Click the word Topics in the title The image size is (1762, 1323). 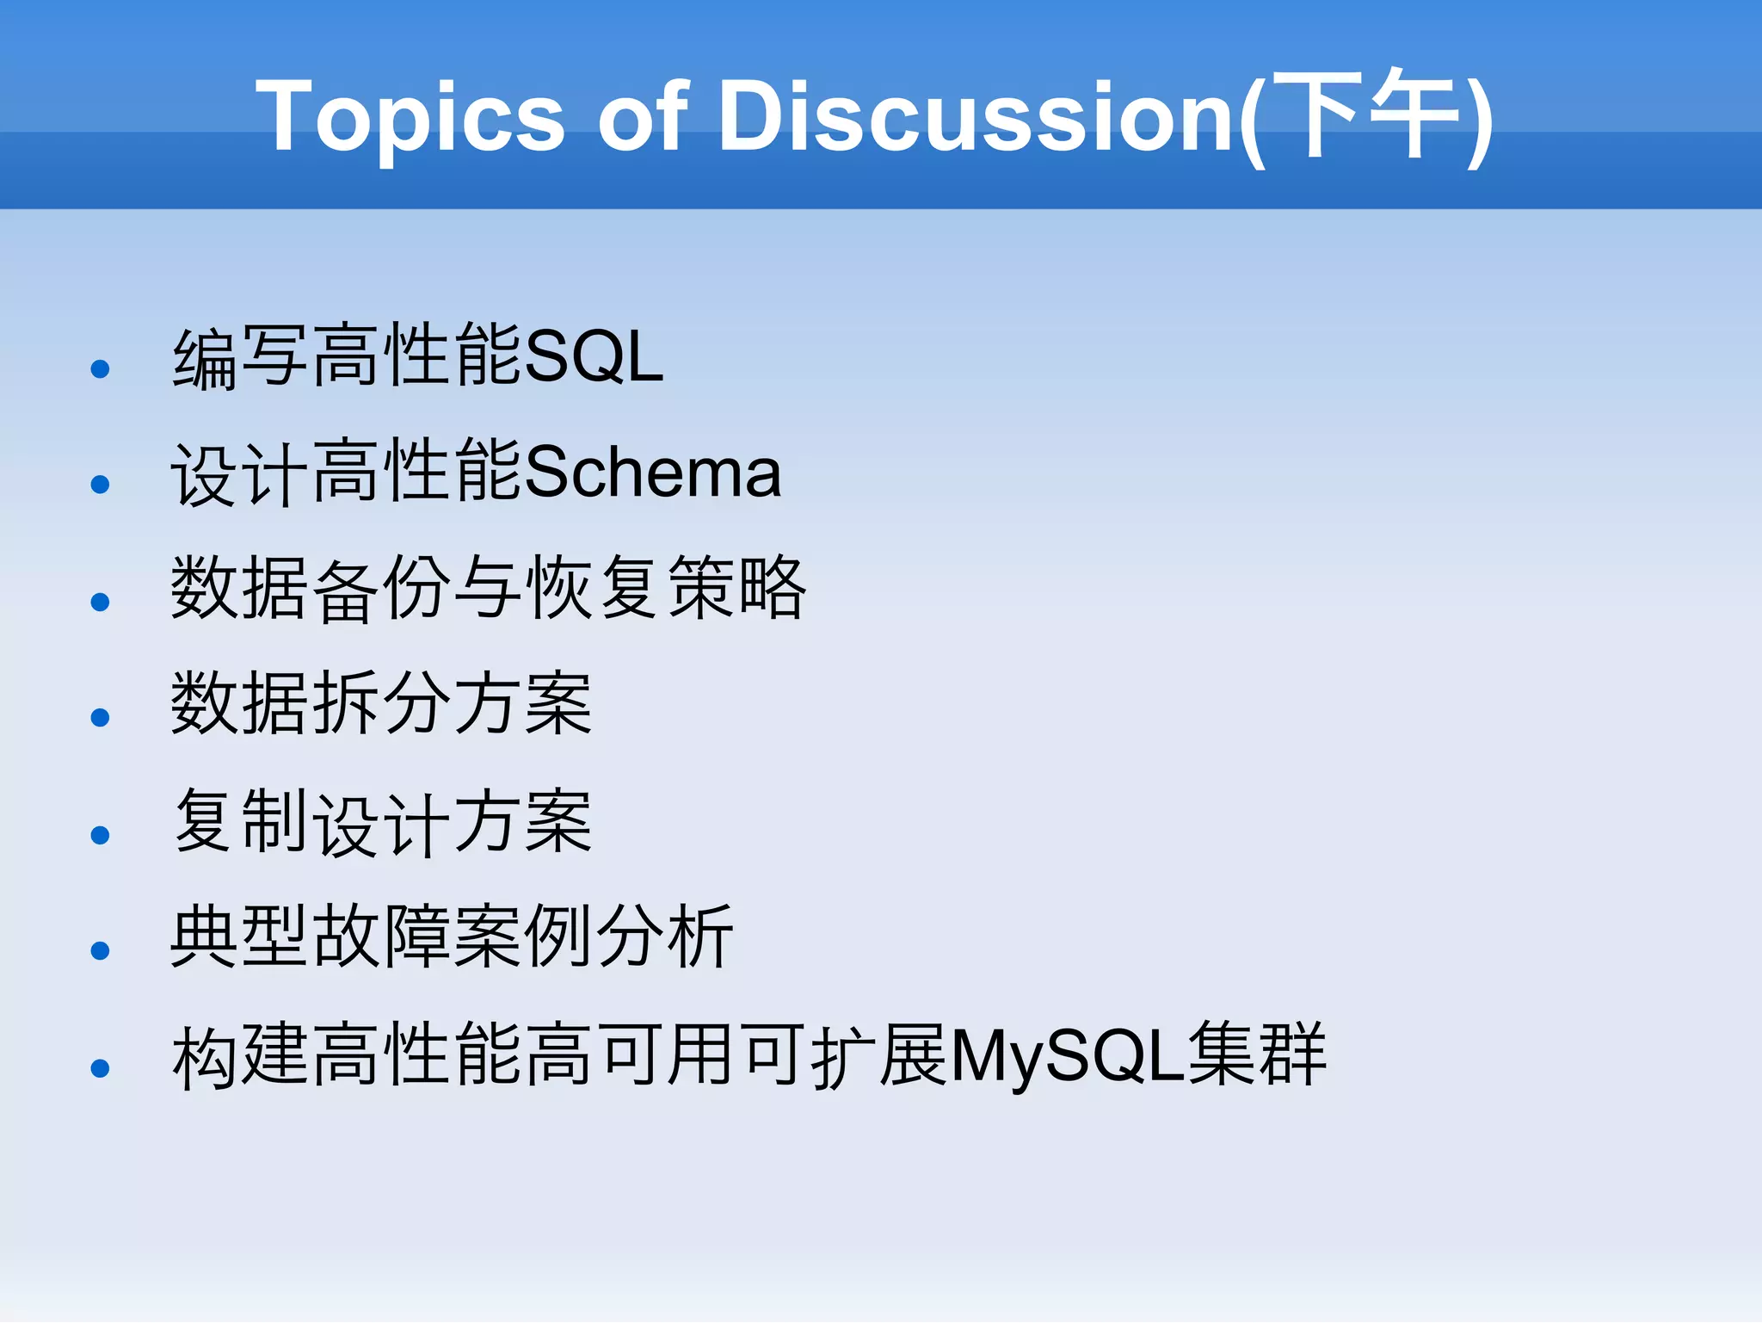(x=410, y=117)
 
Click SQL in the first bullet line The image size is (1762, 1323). (x=594, y=357)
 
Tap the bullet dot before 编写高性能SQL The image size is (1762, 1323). (x=100, y=369)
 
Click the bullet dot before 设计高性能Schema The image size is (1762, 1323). (x=100, y=485)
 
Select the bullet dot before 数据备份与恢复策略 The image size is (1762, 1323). (x=100, y=602)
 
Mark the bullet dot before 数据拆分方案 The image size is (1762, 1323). (x=100, y=717)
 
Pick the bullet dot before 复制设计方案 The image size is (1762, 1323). (x=100, y=835)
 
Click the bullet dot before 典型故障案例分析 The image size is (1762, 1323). (x=100, y=950)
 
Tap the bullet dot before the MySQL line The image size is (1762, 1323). (x=100, y=1068)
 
